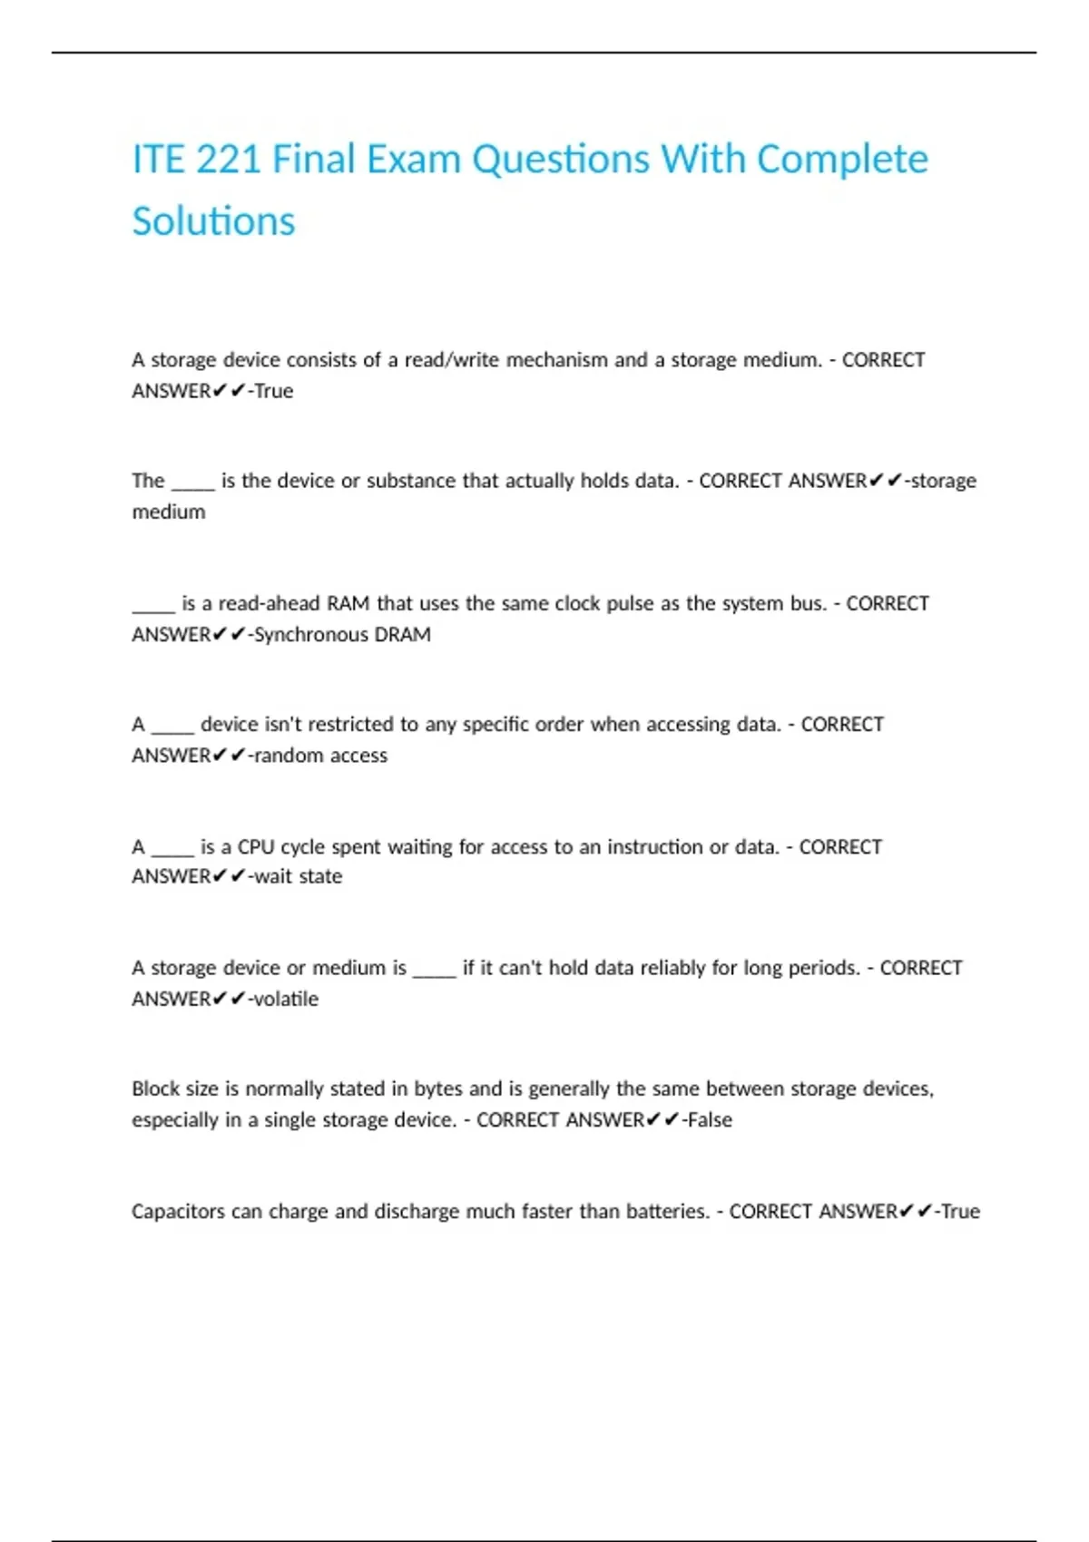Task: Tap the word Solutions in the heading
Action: pyautogui.click(x=213, y=221)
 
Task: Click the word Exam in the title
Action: pyautogui.click(x=413, y=160)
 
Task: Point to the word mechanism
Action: pyautogui.click(x=556, y=360)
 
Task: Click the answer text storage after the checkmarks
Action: pyautogui.click(x=943, y=481)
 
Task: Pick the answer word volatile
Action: pyautogui.click(x=286, y=999)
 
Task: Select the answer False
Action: pyautogui.click(x=710, y=1120)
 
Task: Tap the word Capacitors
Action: pyautogui.click(x=178, y=1212)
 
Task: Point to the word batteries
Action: pyautogui.click(x=667, y=1212)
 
